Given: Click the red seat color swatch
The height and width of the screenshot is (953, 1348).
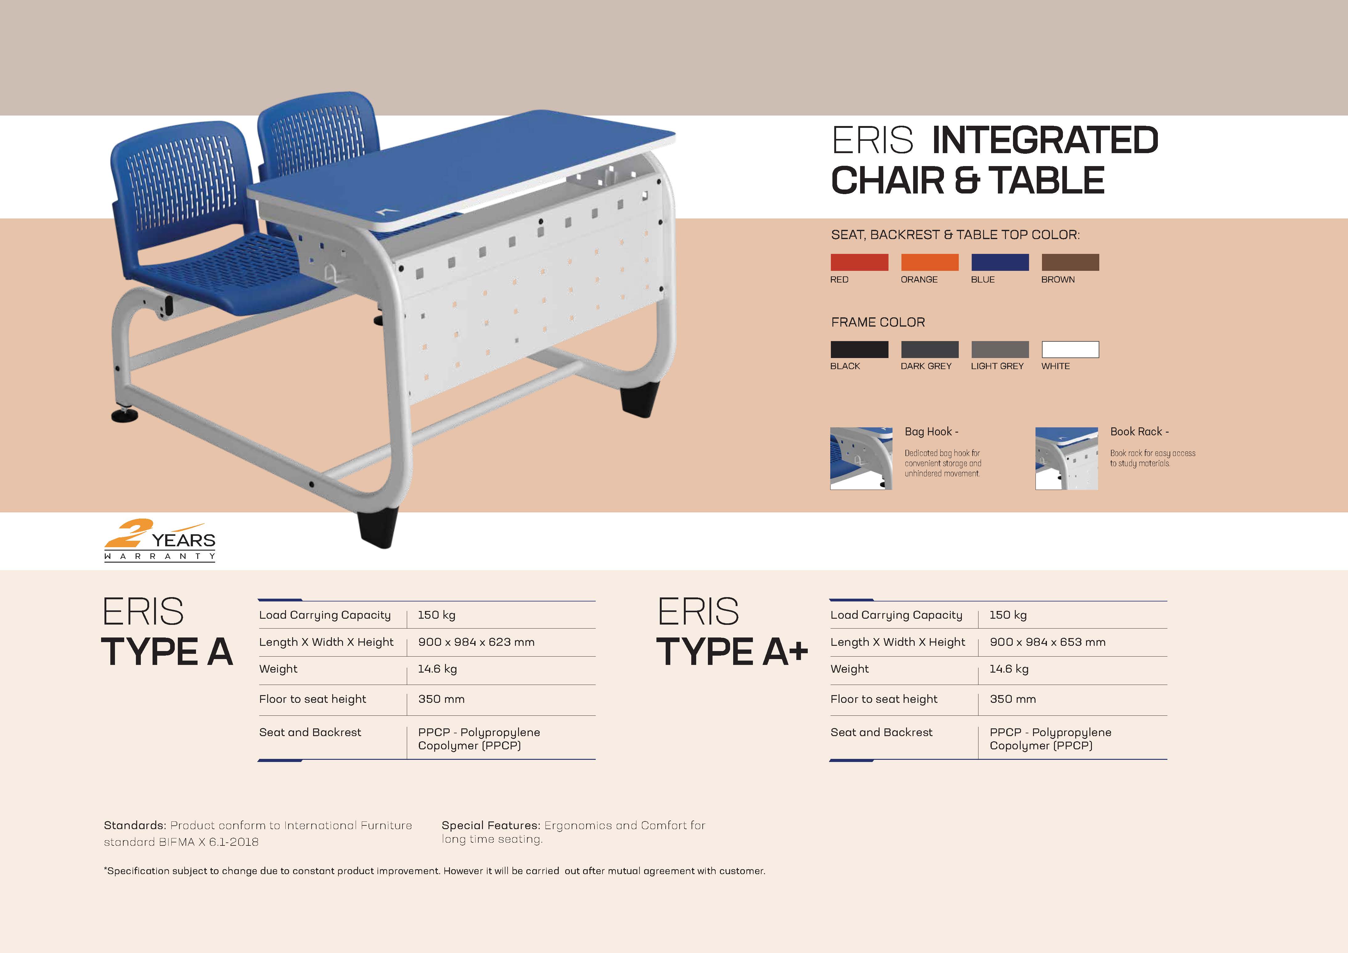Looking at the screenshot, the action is coord(859,262).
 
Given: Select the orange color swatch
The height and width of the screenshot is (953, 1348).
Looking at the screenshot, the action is coord(929,262).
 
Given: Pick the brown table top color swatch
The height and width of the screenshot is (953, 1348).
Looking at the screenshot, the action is coord(1070,262).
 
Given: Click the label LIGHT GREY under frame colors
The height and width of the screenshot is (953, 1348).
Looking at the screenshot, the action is coord(997,366).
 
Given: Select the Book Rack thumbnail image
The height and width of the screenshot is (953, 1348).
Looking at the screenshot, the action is coord(1066,458).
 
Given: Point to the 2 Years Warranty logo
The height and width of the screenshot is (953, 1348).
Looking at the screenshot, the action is coord(160,540).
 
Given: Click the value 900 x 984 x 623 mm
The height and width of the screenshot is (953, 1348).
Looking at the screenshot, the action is coord(476,642).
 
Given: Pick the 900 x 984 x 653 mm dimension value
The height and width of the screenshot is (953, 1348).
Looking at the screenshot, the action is coord(1048,642).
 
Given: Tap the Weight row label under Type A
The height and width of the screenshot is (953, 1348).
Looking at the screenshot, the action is coord(278,669).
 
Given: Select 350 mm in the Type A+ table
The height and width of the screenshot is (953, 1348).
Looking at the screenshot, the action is coord(1013,699).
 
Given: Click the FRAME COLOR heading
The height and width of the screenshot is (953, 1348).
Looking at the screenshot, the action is coord(878,322).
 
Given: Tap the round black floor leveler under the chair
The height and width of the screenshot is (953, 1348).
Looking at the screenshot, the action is coord(125,415).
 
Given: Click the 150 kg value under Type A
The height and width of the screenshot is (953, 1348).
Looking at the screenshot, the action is coord(436,615).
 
